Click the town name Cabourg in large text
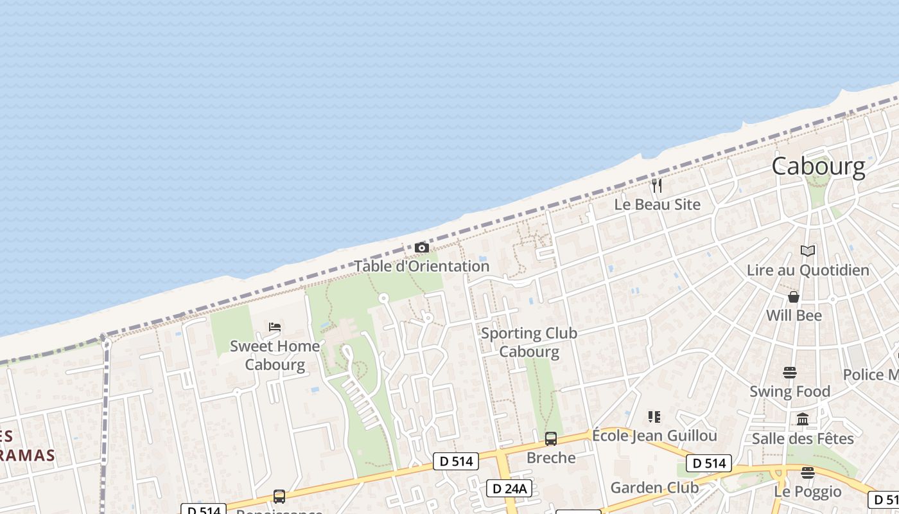[818, 166]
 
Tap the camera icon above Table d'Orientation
[421, 247]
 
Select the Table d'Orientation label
[421, 266]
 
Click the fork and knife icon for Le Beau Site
[656, 186]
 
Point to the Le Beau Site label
[657, 204]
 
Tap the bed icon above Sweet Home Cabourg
[275, 327]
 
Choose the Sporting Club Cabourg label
[528, 342]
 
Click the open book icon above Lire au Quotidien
[808, 251]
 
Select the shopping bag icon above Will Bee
[794, 297]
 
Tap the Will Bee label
[794, 315]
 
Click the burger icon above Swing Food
[790, 373]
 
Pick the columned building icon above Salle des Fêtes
[803, 420]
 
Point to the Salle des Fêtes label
[803, 439]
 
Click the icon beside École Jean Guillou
[654, 417]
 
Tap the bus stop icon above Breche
[551, 439]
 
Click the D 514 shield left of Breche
[455, 461]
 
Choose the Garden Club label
[654, 488]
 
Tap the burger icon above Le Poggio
[808, 473]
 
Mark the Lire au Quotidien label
[808, 270]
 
